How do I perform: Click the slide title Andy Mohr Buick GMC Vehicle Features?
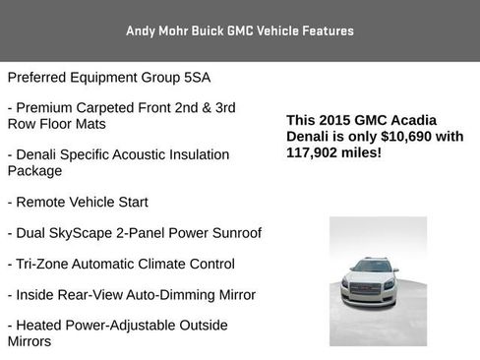coord(240,30)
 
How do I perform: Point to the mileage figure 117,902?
coord(313,152)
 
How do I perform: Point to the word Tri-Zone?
coord(44,264)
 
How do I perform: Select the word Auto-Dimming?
coord(167,294)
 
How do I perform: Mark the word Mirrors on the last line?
coord(30,340)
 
